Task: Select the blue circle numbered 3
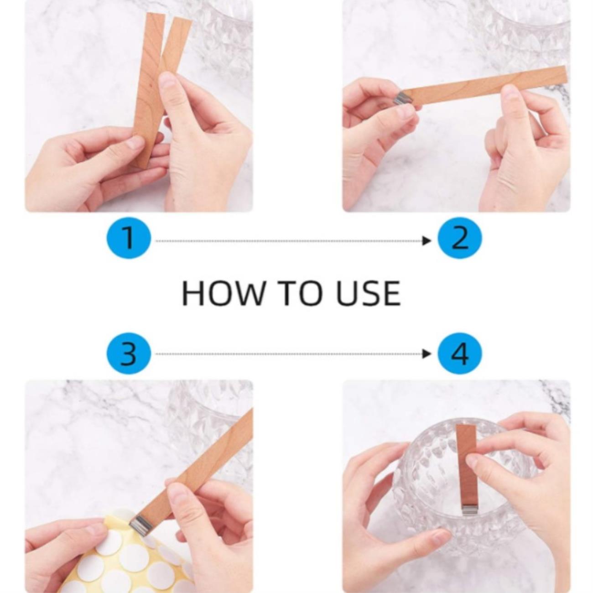tap(129, 354)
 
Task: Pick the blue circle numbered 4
tap(460, 354)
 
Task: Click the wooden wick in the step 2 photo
tap(483, 86)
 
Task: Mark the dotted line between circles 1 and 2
tap(289, 241)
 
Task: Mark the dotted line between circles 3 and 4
tap(289, 354)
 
